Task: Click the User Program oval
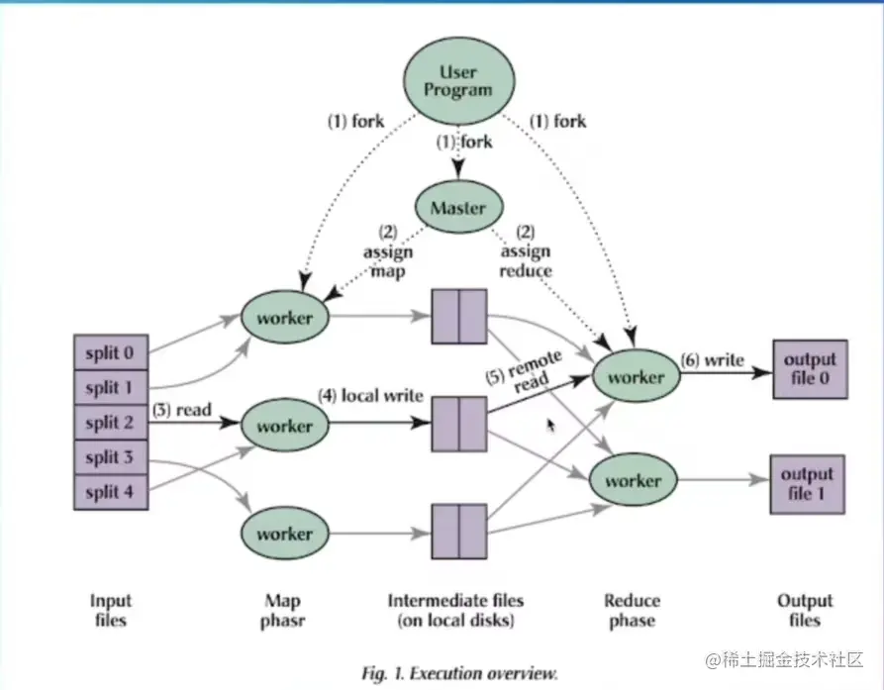click(x=459, y=81)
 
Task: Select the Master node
click(x=458, y=209)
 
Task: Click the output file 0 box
click(x=809, y=368)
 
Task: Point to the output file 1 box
click(x=808, y=483)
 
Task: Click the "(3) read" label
click(x=183, y=407)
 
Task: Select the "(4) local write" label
click(x=370, y=396)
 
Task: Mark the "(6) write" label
click(x=711, y=360)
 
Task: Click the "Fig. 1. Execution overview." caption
click(x=458, y=672)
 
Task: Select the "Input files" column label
click(x=110, y=610)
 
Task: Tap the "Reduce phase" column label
click(x=632, y=610)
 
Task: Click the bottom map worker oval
click(x=284, y=533)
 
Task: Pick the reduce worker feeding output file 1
click(x=633, y=481)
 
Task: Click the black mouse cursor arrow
click(x=549, y=423)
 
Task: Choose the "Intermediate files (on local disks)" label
click(x=455, y=610)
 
